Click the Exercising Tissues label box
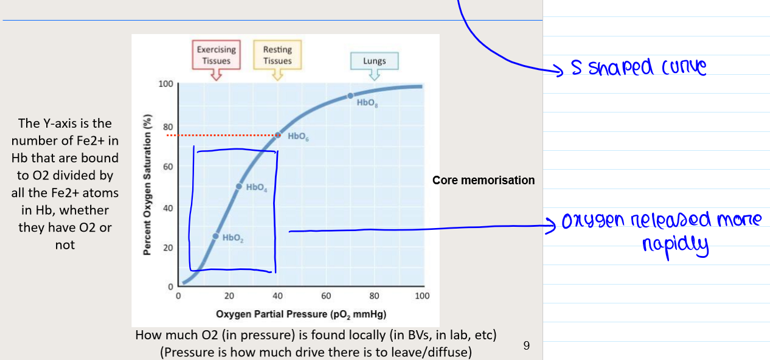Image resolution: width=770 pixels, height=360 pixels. point(217,55)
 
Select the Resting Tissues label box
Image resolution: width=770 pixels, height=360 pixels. point(277,55)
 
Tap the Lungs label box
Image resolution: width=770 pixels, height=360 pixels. point(375,61)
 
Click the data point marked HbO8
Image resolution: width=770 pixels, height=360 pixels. point(350,96)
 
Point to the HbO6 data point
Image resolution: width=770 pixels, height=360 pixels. point(278,135)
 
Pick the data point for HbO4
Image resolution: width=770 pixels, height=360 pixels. point(239,186)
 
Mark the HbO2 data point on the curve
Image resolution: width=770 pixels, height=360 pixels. point(215,236)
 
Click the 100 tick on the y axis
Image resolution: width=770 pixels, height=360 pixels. point(166,84)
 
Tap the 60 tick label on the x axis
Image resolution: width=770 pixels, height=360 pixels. point(325,296)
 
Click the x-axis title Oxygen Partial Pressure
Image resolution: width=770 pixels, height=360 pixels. point(301,314)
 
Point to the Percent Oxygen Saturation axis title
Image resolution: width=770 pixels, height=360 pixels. point(147,185)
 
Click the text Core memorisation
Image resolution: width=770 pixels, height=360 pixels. point(484,181)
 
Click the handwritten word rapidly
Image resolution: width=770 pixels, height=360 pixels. point(676,246)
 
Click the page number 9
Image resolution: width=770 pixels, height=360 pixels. point(527,345)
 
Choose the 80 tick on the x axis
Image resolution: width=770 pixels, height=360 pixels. point(374,296)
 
